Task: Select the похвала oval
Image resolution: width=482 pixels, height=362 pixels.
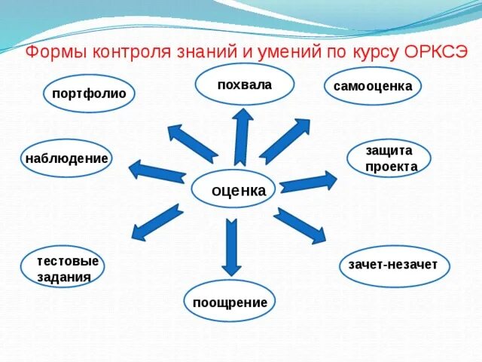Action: tap(243, 84)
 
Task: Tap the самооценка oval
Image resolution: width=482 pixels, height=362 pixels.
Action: tap(372, 86)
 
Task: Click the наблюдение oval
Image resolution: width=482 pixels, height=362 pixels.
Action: tap(66, 158)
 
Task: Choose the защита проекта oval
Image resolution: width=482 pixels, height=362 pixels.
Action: tap(389, 158)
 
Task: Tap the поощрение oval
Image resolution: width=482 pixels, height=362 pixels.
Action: tap(230, 302)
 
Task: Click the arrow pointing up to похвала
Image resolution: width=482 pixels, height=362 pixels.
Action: tap(242, 136)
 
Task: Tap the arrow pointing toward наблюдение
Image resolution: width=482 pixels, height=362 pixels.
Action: tap(156, 170)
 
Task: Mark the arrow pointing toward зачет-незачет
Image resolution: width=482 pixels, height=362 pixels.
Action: tap(299, 225)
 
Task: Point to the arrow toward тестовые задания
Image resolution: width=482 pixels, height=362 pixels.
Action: tap(157, 222)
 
